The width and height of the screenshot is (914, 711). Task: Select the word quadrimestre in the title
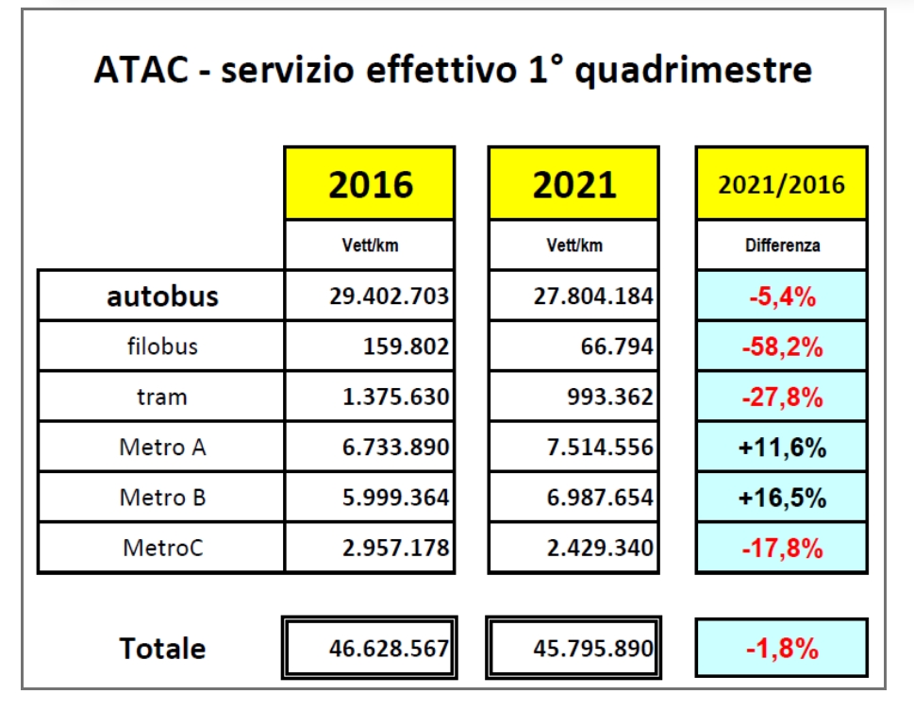click(x=693, y=72)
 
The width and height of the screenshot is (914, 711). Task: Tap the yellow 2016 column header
click(x=370, y=184)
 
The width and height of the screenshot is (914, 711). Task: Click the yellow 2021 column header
click(x=573, y=184)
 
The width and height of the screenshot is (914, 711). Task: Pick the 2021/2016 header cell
click(x=781, y=184)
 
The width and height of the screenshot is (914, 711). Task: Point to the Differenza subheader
click(x=781, y=245)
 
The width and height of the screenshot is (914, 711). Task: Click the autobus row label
click(x=162, y=296)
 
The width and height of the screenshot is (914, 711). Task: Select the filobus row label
click(x=162, y=347)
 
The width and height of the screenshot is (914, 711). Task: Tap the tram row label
click(x=162, y=397)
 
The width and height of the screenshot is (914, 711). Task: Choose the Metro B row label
click(x=162, y=498)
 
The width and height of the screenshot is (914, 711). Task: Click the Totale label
click(x=162, y=649)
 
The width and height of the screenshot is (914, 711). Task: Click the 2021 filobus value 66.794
click(x=618, y=347)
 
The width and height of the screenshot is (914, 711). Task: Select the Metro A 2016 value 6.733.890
click(x=389, y=448)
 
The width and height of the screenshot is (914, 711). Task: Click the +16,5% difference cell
click(x=782, y=498)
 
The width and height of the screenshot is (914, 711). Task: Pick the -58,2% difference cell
click(x=782, y=347)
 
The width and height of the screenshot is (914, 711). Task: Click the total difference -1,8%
click(x=782, y=649)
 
